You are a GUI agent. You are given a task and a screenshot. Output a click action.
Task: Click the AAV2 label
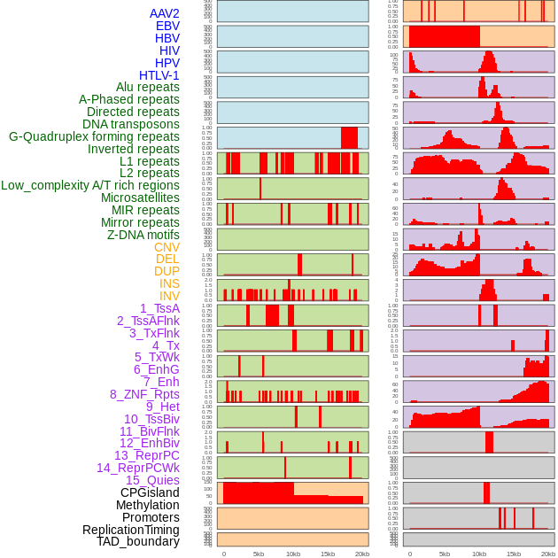coord(164,13)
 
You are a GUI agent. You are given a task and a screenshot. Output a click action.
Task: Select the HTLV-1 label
coord(159,75)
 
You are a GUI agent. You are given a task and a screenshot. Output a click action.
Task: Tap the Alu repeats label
coord(148,87)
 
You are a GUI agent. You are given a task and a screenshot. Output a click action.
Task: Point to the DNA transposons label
coord(131,124)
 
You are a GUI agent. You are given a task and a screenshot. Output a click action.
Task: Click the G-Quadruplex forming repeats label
coord(94,136)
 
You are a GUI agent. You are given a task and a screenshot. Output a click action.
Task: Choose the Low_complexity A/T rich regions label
coord(90,185)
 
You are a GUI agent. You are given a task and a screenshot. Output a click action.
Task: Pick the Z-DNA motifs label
coord(143,235)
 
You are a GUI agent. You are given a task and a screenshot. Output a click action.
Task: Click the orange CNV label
coord(167,247)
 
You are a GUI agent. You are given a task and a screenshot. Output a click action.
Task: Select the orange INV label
coord(169,296)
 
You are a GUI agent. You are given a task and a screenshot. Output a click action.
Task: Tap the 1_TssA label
coord(159,308)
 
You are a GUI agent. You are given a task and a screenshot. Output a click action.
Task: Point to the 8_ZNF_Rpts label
coord(144,394)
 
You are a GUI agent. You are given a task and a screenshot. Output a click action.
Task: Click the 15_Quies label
coord(152,480)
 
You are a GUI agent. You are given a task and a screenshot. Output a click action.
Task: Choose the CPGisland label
coord(150,492)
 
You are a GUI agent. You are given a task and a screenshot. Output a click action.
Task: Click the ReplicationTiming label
coord(131,530)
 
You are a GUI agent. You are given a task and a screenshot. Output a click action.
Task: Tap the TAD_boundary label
coord(138,541)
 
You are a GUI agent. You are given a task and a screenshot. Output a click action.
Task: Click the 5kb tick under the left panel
coord(259,554)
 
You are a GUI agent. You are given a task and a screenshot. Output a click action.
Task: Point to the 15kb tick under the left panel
coord(328,554)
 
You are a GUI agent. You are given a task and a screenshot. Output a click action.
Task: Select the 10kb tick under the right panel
coord(479,554)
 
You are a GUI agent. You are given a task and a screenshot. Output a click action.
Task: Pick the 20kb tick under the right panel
coord(548,554)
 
